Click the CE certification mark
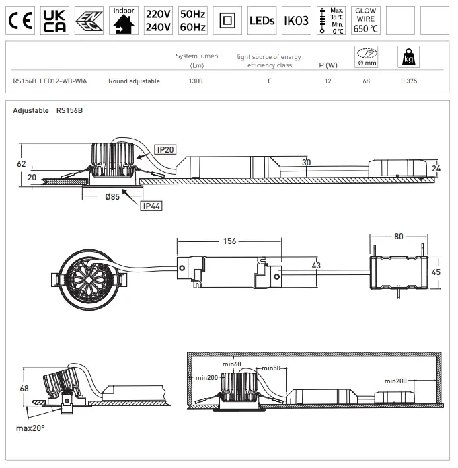click(20, 21)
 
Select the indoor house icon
click(123, 21)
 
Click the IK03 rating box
click(296, 21)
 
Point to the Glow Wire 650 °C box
click(365, 21)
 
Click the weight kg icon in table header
click(406, 57)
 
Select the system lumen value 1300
click(196, 81)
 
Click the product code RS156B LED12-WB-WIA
click(50, 81)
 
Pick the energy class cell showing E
click(269, 81)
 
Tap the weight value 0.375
click(409, 81)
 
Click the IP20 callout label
click(165, 149)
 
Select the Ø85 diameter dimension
click(112, 198)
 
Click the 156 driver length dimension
click(229, 241)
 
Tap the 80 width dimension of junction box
click(399, 237)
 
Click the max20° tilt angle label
click(30, 428)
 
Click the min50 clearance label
click(270, 368)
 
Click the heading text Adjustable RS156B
click(48, 110)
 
